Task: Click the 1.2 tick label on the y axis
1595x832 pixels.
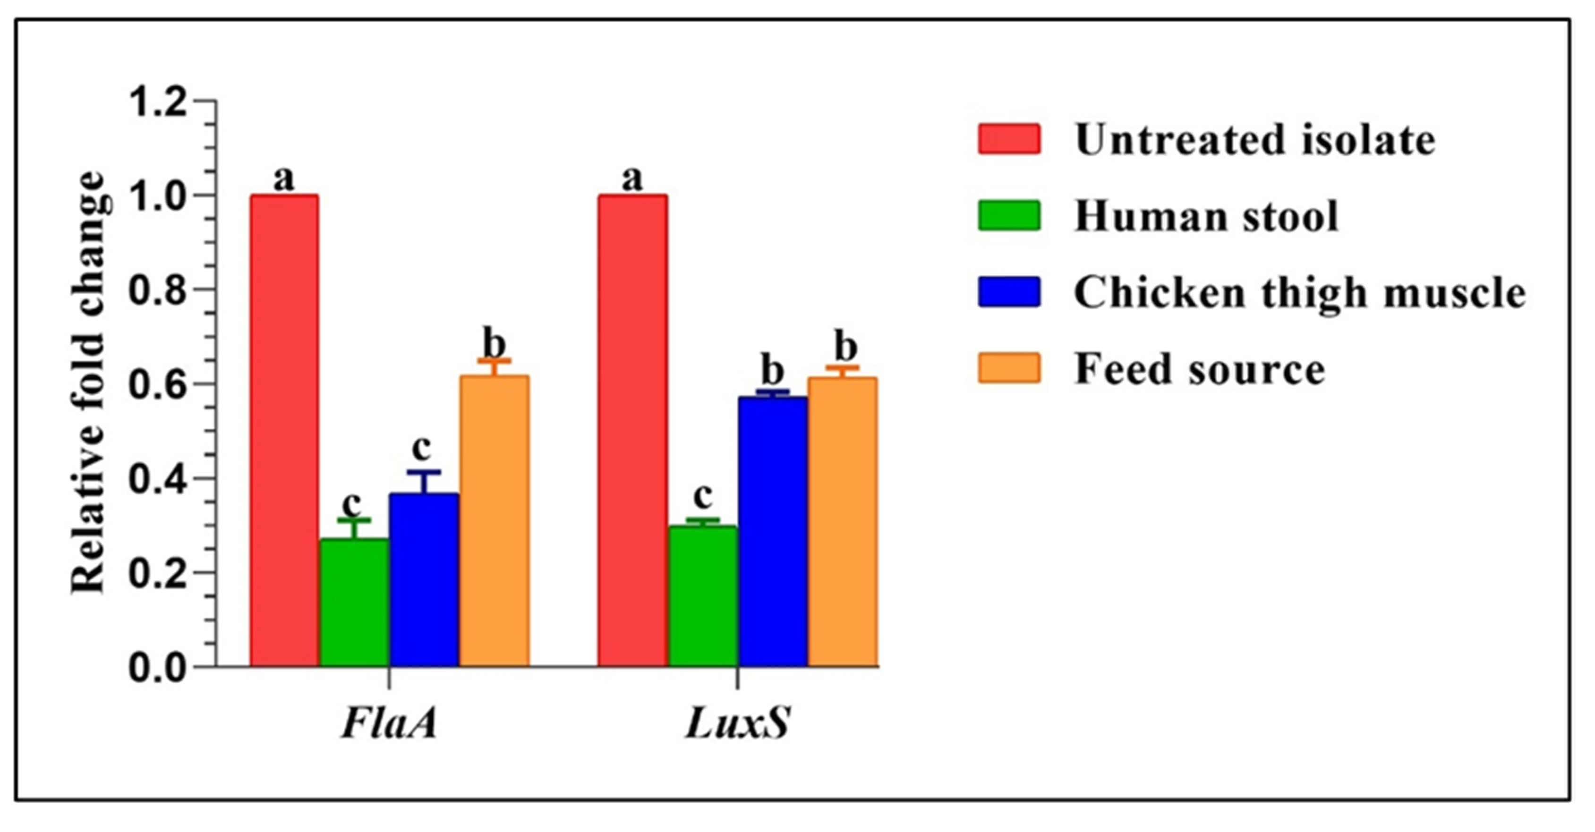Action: coord(158,101)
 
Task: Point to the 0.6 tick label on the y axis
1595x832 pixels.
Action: coord(158,384)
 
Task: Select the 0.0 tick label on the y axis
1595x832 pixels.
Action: coord(158,668)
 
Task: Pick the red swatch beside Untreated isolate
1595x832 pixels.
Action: coord(1009,139)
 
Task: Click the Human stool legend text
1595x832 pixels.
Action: coord(1206,216)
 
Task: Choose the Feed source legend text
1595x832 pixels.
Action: coord(1199,369)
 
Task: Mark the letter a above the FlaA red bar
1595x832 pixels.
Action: coord(284,179)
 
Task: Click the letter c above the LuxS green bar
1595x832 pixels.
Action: coord(702,496)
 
